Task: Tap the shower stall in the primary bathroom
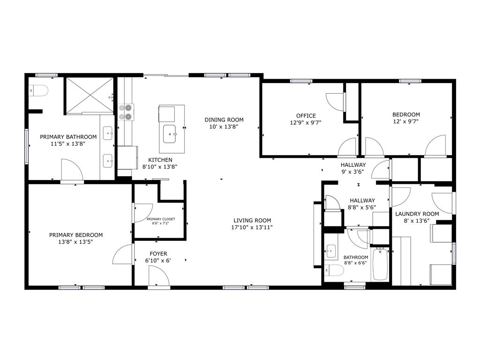(x=89, y=95)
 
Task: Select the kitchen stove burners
(x=125, y=112)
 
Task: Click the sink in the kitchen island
(x=170, y=135)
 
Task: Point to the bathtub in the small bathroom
(x=380, y=264)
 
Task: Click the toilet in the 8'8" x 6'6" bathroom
(x=334, y=270)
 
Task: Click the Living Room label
(x=253, y=220)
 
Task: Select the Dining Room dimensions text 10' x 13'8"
(x=224, y=127)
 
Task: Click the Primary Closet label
(x=161, y=219)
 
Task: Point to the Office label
(x=306, y=115)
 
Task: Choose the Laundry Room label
(x=417, y=214)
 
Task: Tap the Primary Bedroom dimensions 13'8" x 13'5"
(x=76, y=242)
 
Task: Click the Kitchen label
(x=160, y=160)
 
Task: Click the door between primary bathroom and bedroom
(x=72, y=170)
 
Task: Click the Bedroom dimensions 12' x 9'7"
(x=406, y=121)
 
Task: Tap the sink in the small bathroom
(x=331, y=251)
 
